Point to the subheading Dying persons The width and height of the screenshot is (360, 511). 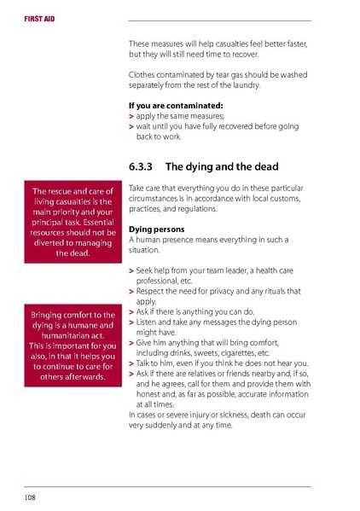pos(156,229)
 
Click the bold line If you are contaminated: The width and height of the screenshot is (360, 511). pos(175,106)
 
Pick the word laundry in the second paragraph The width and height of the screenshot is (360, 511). pos(243,85)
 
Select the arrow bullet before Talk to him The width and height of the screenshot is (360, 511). pos(131,363)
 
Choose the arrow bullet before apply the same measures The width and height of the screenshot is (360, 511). pos(131,116)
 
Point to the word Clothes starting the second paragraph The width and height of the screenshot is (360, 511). pos(142,75)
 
